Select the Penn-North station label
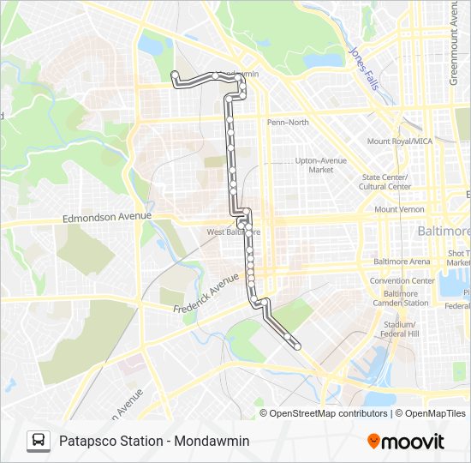pos(288,123)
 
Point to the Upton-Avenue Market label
pos(321,165)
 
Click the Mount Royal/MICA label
pos(399,141)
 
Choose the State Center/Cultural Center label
pos(385,182)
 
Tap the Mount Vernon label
pos(399,209)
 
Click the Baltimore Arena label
pos(402,262)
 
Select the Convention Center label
pos(402,280)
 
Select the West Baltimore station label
pos(234,231)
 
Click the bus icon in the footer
pos(38,441)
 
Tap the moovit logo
pos(406,442)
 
